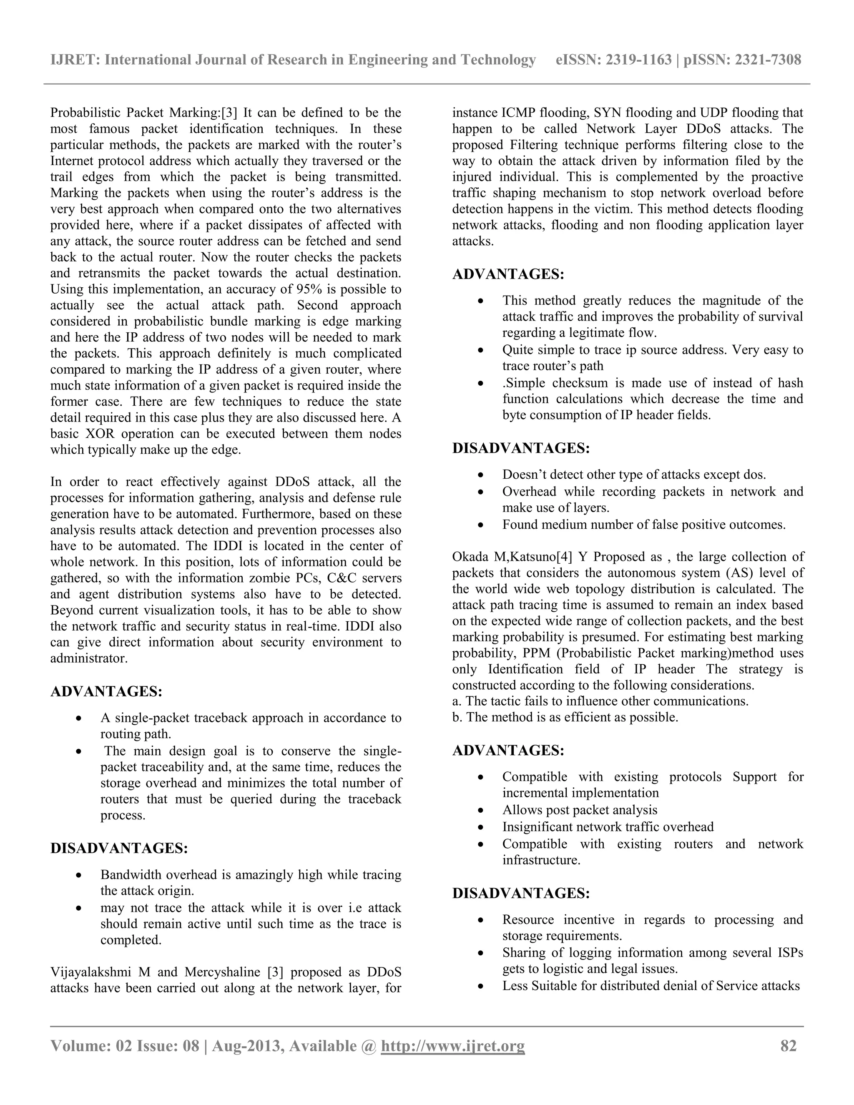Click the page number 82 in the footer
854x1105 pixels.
(788, 1046)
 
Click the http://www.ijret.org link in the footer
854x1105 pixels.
(453, 1046)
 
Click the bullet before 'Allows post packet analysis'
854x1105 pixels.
(481, 811)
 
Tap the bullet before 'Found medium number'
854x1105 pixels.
(481, 525)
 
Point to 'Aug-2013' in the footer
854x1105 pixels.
(245, 1046)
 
